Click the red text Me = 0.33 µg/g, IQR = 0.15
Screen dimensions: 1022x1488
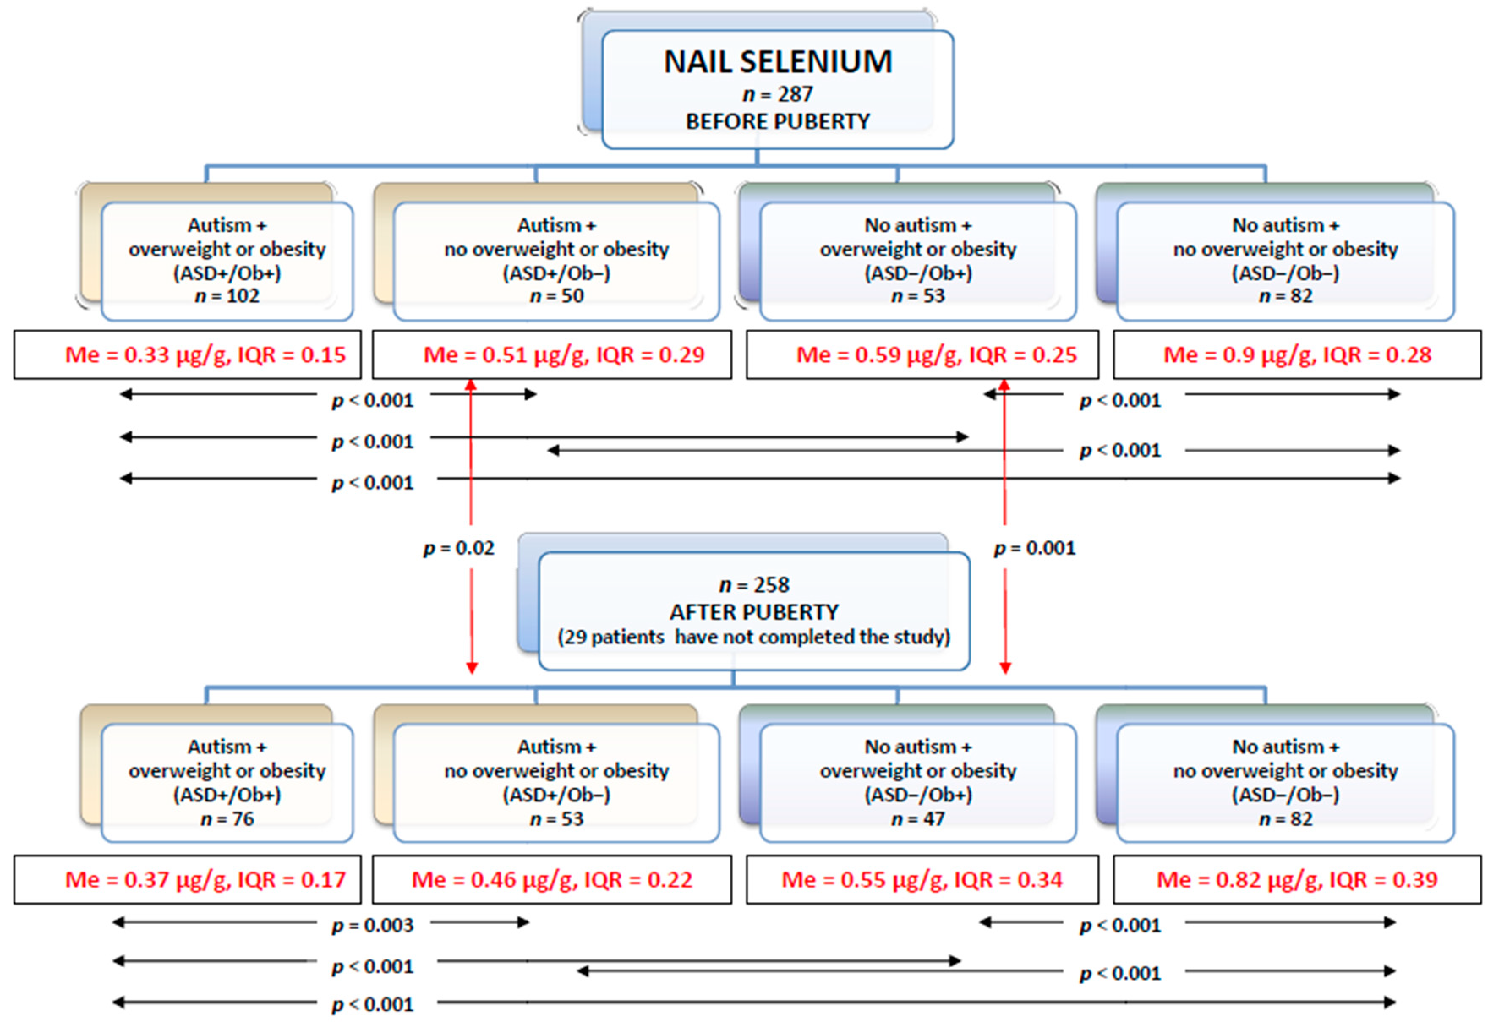205,355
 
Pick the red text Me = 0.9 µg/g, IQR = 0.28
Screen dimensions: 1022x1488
1297,355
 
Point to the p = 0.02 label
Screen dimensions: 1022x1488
459,548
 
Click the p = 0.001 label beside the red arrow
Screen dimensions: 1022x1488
1034,548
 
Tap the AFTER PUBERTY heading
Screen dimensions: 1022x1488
753,612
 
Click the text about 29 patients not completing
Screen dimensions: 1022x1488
753,637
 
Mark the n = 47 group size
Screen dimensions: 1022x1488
917,819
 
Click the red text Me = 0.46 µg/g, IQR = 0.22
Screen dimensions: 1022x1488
552,880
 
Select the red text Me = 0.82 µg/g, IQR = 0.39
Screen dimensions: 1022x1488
1297,880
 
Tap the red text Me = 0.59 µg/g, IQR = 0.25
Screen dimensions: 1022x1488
936,355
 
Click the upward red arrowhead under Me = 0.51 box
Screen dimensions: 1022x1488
471,385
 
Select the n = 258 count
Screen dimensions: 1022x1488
753,585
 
